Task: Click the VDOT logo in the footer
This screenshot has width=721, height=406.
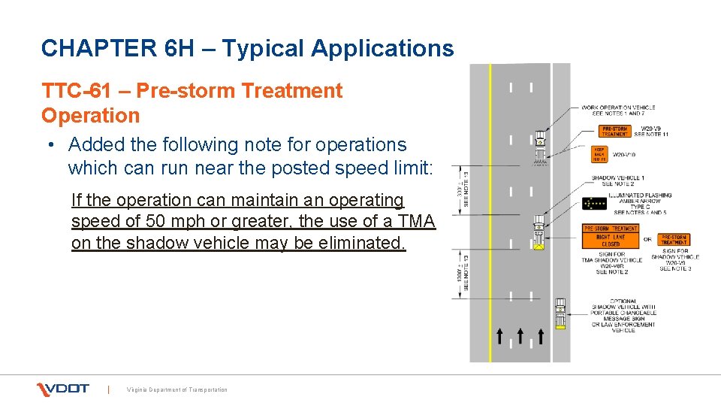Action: point(62,389)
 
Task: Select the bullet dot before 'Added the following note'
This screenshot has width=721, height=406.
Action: point(56,144)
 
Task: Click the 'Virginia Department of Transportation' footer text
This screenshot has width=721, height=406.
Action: point(177,389)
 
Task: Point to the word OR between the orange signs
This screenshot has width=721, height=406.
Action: point(647,240)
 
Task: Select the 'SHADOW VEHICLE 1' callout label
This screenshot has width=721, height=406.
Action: point(616,178)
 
